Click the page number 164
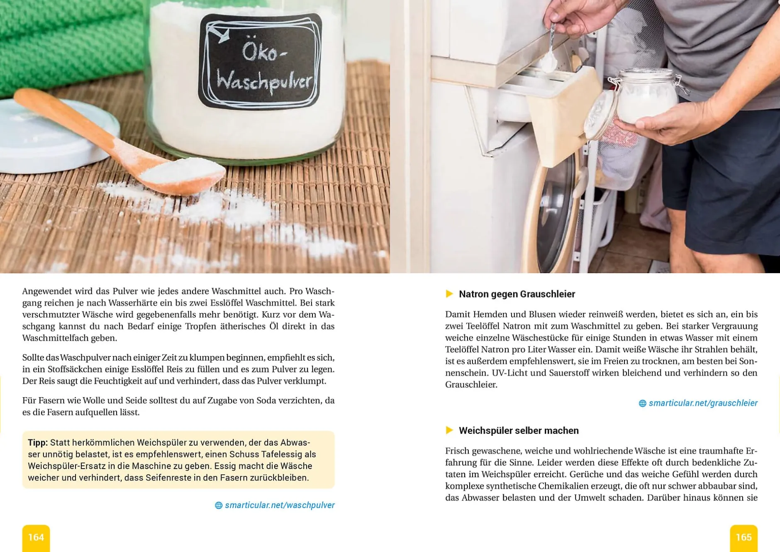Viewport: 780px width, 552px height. (36, 537)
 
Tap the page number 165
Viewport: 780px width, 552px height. (743, 537)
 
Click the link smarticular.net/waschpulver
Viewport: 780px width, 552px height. (280, 505)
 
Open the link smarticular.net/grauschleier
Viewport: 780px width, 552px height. (703, 403)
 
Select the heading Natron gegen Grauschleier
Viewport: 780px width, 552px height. (517, 294)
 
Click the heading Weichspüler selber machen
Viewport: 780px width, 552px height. (519, 431)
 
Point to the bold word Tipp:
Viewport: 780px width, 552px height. (38, 443)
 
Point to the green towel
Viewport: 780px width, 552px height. (71, 42)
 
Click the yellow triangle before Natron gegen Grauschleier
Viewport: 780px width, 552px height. (449, 294)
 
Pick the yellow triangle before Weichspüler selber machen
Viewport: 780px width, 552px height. (449, 430)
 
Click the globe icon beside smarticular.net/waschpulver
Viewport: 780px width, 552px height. (219, 506)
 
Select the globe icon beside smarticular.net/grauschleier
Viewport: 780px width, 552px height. (642, 403)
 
